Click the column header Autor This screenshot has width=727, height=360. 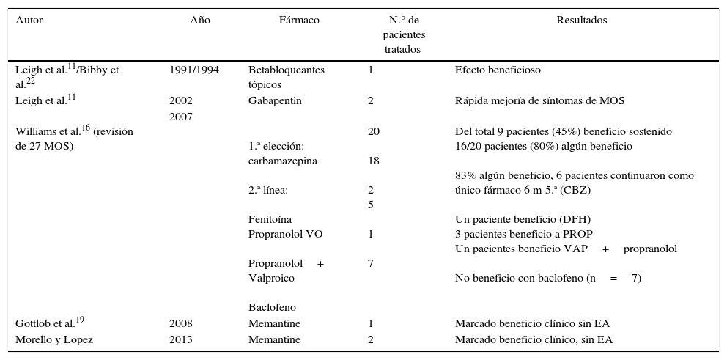[29, 21]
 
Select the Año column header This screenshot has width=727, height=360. [200, 21]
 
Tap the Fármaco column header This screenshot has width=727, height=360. [299, 21]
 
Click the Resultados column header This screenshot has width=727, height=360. [582, 21]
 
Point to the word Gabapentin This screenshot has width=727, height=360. [275, 100]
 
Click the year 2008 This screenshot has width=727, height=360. [181, 323]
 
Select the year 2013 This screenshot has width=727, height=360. [181, 339]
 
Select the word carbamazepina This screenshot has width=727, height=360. [283, 161]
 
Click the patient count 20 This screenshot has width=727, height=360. [373, 131]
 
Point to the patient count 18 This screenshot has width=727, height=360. [373, 161]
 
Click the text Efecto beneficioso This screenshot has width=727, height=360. [498, 70]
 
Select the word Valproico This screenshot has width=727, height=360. [271, 278]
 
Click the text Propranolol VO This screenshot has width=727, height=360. [285, 234]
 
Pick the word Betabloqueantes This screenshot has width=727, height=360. [286, 70]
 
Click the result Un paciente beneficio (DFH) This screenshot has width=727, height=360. [523, 219]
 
